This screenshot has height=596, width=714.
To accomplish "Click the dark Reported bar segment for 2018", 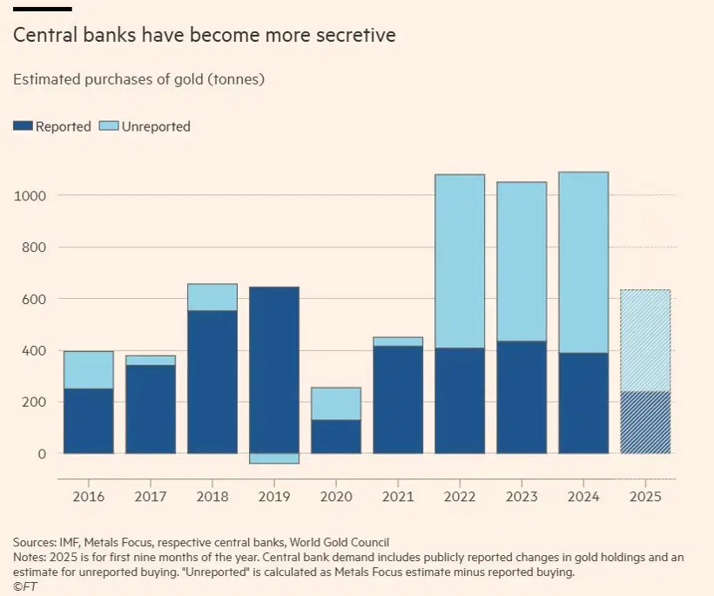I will tap(212, 382).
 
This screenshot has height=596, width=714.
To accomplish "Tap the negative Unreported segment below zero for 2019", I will tap(274, 458).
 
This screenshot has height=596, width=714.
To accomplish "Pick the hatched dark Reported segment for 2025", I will tap(645, 423).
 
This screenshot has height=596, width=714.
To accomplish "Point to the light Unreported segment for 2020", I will tap(336, 403).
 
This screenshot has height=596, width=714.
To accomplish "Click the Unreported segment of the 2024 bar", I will tap(583, 262).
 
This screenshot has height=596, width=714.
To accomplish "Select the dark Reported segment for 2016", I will tap(89, 421).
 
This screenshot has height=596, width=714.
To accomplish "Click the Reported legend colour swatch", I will tap(22, 126).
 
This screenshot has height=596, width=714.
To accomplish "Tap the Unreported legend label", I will tap(156, 126).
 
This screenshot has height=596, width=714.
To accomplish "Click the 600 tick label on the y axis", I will tap(33, 299).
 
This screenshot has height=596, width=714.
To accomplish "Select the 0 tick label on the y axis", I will tap(40, 454).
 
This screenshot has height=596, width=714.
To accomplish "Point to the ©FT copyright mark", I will tap(25, 587).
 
